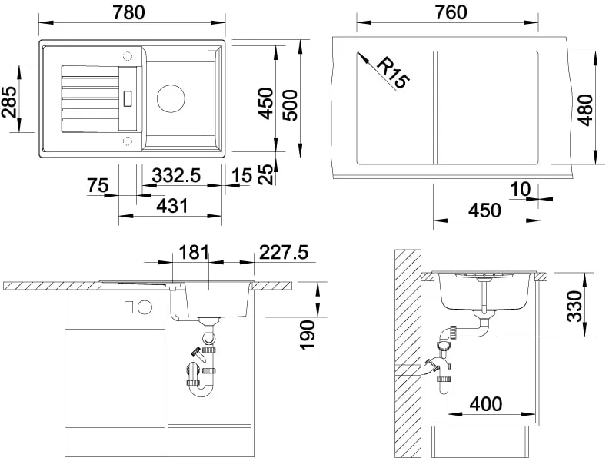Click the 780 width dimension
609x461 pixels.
coord(129,12)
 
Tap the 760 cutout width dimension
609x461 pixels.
coord(451,12)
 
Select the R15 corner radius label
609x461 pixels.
coord(393,72)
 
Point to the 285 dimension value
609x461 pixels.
coord(9,101)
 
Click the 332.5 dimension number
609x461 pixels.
coord(176,175)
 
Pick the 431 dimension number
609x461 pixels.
coord(171,206)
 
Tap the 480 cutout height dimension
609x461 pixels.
coord(585,110)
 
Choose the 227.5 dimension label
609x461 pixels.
coord(284,252)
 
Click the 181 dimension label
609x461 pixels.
coord(194,252)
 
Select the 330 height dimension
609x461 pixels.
coord(574,307)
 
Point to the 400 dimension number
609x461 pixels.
coord(486,404)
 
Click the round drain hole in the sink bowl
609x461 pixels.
coord(171,98)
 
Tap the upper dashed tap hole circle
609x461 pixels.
coord(128,56)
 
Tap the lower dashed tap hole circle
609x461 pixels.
coord(128,140)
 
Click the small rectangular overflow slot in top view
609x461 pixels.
coord(128,98)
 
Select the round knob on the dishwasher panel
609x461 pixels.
coord(145,307)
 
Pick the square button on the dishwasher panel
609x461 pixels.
coord(129,307)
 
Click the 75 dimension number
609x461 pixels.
coord(98,185)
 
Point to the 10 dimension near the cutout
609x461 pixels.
coord(520,189)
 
